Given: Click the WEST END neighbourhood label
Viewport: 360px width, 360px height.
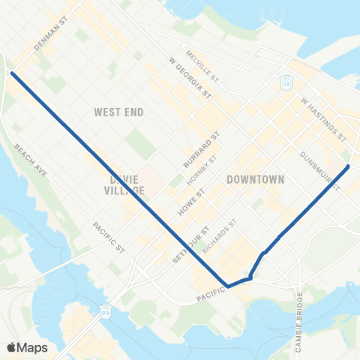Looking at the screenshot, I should [x=118, y=112].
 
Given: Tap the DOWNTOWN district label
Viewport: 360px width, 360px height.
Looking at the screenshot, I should [x=256, y=180].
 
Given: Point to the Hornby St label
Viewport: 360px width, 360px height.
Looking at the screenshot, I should [x=202, y=172].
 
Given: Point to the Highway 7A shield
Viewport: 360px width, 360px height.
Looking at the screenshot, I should [x=286, y=82].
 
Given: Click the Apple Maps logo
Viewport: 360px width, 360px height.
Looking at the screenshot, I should [x=27, y=346].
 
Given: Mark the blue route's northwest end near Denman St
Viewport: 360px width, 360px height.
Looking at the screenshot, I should [x=13, y=73].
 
